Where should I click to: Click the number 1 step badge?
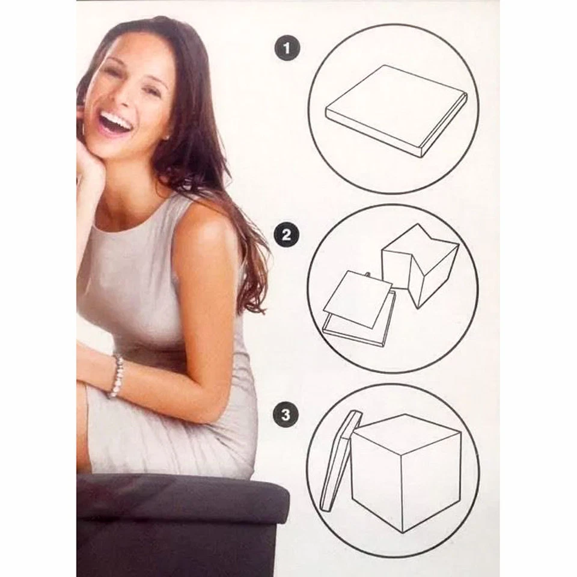click(287, 49)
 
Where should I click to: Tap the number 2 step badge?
click(286, 234)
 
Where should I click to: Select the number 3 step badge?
click(286, 414)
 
